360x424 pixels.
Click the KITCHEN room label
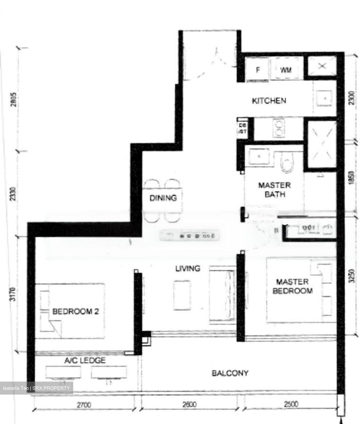(x=269, y=101)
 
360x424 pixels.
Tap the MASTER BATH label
(x=274, y=190)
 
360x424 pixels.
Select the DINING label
(x=163, y=198)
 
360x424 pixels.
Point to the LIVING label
(x=188, y=269)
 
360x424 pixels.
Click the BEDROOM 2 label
(x=75, y=311)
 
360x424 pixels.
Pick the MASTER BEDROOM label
(x=292, y=286)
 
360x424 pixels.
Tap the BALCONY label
(x=230, y=373)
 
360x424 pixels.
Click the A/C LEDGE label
(x=85, y=360)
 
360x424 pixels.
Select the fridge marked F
(x=258, y=70)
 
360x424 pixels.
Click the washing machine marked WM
(x=286, y=70)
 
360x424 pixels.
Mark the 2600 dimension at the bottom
(x=189, y=405)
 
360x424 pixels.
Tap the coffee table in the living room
(x=182, y=295)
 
